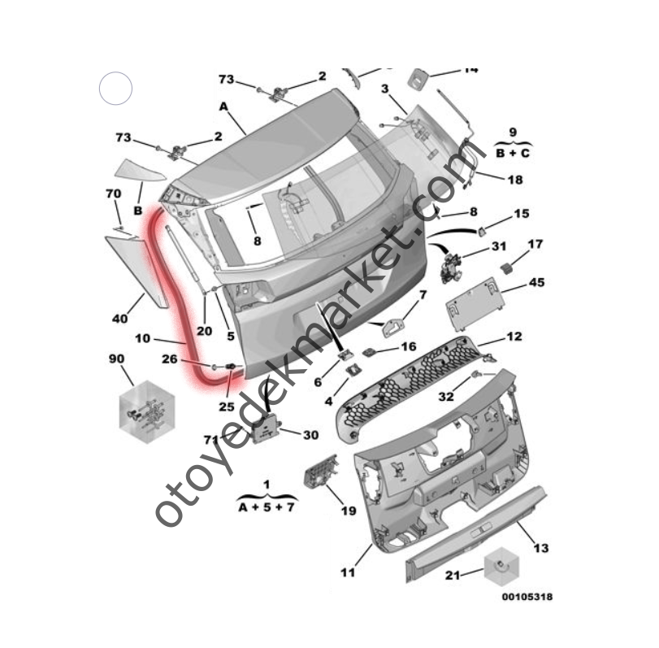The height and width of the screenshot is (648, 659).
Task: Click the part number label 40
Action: [x=119, y=319]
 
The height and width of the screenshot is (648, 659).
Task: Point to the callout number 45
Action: [x=537, y=282]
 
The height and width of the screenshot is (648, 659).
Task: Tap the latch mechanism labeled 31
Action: [x=449, y=265]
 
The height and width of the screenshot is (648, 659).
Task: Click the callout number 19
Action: [x=348, y=511]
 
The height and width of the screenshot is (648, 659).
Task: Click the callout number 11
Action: [x=347, y=572]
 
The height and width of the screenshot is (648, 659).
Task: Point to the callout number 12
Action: [x=514, y=337]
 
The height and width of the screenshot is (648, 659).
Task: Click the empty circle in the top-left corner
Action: [x=115, y=88]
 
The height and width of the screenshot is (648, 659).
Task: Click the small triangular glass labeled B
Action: [x=138, y=169]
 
